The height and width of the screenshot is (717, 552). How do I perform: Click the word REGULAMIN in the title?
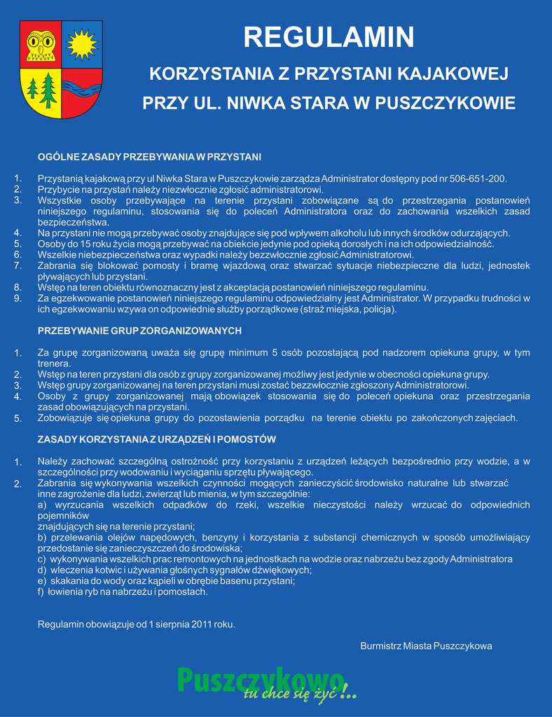click(329, 37)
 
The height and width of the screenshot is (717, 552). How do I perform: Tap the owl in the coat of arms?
click(41, 45)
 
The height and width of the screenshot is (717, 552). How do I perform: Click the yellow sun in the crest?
click(81, 44)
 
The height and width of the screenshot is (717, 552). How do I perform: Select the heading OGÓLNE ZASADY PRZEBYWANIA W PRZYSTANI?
click(149, 156)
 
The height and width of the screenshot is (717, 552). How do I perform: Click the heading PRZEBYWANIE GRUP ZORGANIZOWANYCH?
click(139, 330)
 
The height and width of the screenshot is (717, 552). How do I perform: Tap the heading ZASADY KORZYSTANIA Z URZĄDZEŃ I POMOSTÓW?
click(156, 439)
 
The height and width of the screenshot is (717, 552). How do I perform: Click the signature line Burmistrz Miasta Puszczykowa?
click(426, 646)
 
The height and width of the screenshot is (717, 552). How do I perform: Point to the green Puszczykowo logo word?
click(259, 679)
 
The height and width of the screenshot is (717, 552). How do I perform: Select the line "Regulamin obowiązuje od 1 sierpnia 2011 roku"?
click(136, 624)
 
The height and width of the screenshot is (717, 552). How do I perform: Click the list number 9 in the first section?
click(18, 298)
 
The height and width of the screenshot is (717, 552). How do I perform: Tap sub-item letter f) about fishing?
click(41, 592)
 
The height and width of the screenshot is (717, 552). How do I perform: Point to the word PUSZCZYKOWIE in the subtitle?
click(445, 104)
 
